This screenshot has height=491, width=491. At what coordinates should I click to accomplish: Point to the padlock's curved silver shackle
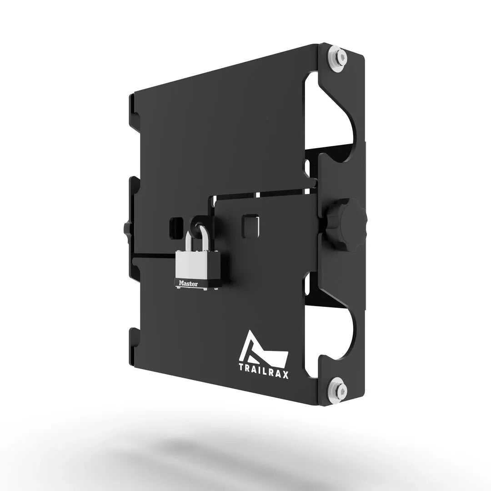point(196,237)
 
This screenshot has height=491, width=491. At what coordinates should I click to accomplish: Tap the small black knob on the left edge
point(126,227)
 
